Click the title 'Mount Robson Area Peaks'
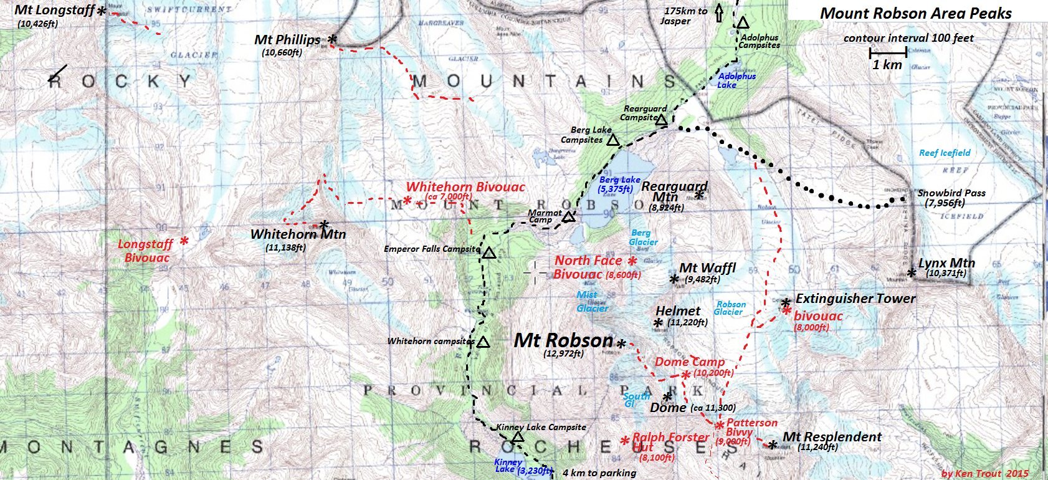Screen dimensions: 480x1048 coord(916,13)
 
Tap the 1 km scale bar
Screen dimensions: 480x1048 coord(887,54)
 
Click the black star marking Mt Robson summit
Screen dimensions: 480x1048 coord(621,343)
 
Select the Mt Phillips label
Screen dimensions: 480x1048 coord(287,40)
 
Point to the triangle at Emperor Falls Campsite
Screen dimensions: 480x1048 coord(488,253)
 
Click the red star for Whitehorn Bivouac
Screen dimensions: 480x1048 coord(407,200)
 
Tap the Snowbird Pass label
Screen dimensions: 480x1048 coord(951,193)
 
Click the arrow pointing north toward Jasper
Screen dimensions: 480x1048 coord(718,12)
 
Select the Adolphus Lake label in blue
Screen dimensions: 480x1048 coord(736,80)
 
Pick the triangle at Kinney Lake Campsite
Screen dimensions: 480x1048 coord(517,436)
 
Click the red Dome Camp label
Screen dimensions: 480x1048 coord(689,362)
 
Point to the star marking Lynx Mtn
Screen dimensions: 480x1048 coord(912,272)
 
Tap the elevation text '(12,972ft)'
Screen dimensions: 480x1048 coord(563,353)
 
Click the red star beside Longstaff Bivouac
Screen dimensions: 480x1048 coord(184,241)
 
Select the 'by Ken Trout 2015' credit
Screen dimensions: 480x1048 coord(984,473)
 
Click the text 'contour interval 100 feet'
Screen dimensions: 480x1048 coord(908,38)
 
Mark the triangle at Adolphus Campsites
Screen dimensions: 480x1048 coord(743,23)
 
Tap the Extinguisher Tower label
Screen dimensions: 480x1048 coord(855,299)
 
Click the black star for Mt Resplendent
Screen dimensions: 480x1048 coord(773,444)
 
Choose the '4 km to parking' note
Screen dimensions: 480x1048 coord(599,473)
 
